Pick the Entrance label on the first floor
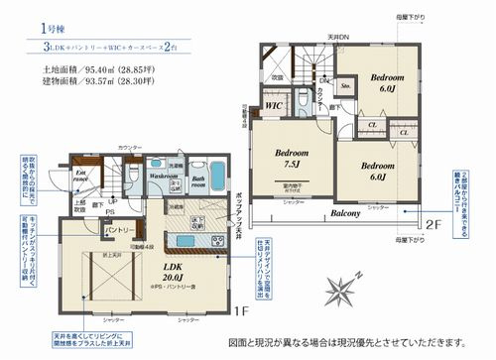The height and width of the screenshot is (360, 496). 84,177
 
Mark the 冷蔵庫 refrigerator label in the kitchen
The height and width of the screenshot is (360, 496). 176,205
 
